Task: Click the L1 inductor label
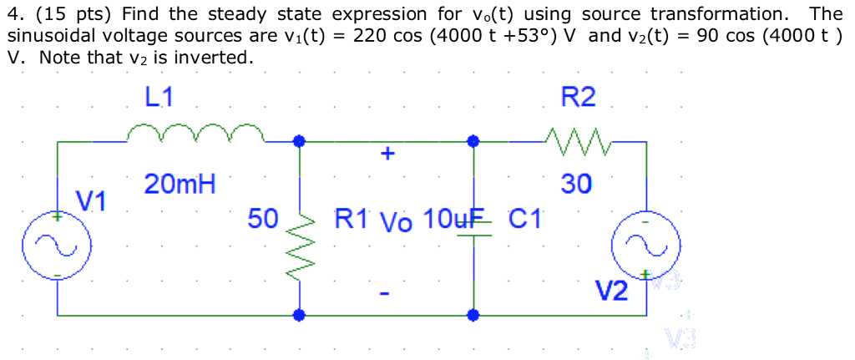click(x=159, y=98)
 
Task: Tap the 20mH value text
click(x=179, y=184)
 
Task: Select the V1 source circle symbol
click(x=57, y=246)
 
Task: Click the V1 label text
click(x=91, y=200)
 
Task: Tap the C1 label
click(x=525, y=220)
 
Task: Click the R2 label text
click(x=578, y=98)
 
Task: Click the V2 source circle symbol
click(x=646, y=246)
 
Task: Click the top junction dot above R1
click(x=299, y=142)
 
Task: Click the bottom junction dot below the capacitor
click(x=473, y=315)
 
